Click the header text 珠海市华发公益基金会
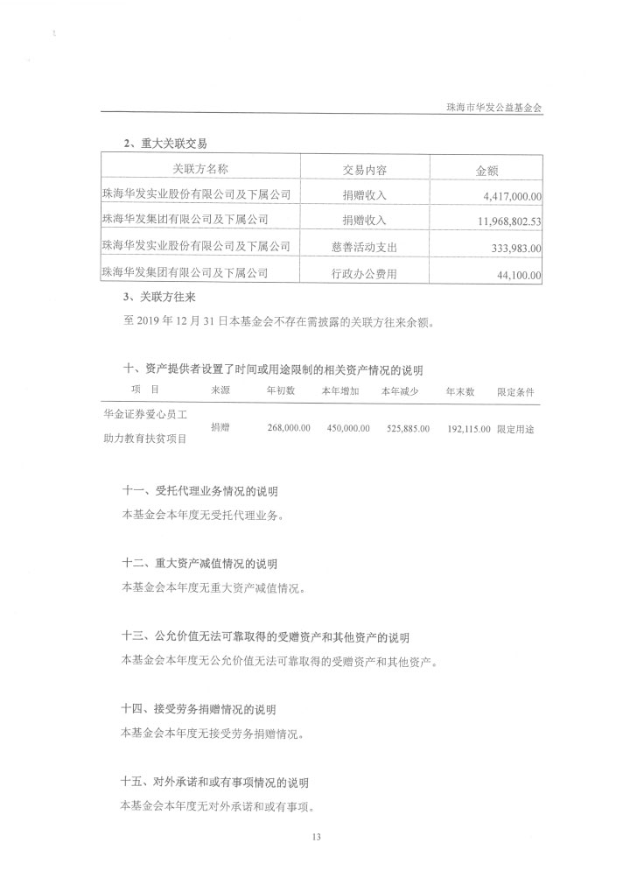click(x=495, y=106)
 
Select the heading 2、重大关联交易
click(x=166, y=143)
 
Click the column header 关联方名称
click(x=200, y=169)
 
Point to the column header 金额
click(x=486, y=170)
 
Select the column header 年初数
click(x=281, y=390)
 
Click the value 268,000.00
click(x=288, y=429)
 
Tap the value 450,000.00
click(x=347, y=429)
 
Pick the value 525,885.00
click(x=408, y=429)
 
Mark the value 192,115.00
click(x=468, y=429)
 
